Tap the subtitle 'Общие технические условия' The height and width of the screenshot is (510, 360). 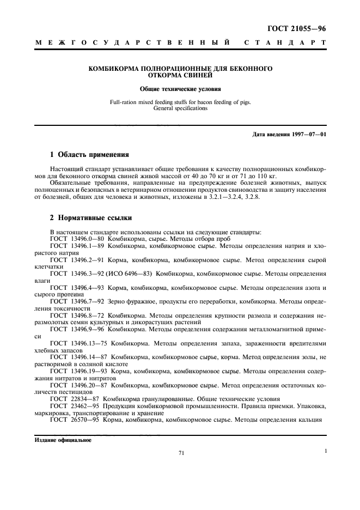pyautogui.click(x=180, y=88)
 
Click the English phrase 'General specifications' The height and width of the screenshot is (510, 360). pyautogui.click(x=180, y=108)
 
